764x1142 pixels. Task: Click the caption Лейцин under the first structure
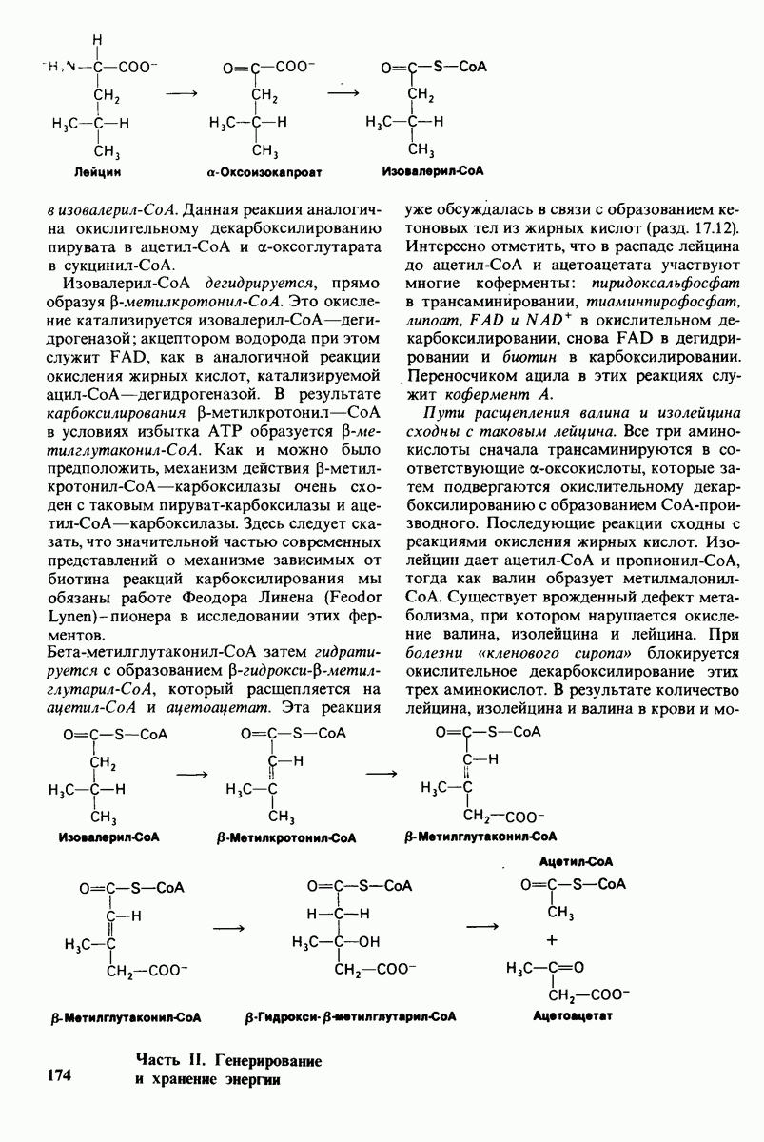pyautogui.click(x=99, y=173)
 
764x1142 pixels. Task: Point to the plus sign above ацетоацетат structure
pyautogui.click(x=551, y=941)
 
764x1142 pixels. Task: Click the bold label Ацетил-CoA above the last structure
pyautogui.click(x=576, y=860)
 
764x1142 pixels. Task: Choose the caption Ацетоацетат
pyautogui.click(x=572, y=1016)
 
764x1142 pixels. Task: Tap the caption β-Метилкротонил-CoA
pyautogui.click(x=286, y=838)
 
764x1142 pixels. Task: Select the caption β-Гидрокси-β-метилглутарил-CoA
pyautogui.click(x=350, y=1016)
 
